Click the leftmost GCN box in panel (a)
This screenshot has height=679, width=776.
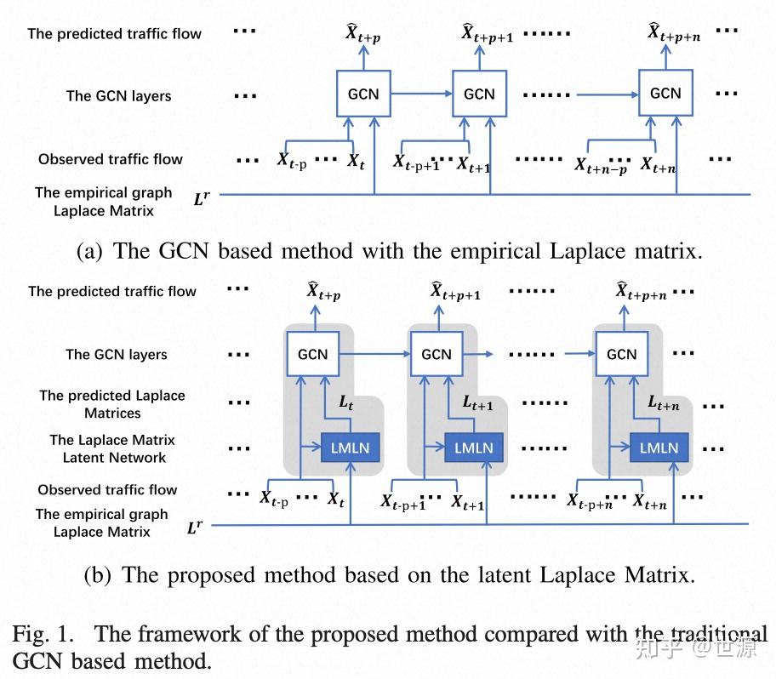tap(364, 94)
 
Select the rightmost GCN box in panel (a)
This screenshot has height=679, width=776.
tap(665, 93)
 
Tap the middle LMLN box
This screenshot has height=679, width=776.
tap(474, 448)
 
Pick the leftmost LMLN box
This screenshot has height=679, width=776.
tap(350, 448)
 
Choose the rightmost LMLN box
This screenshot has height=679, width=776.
tap(659, 448)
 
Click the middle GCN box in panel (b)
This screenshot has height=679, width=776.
tap(436, 354)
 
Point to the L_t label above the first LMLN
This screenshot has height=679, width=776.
tap(346, 402)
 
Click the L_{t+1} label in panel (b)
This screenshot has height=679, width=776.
tap(477, 402)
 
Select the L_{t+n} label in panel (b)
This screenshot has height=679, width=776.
tap(664, 402)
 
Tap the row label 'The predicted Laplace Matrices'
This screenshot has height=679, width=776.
tap(112, 404)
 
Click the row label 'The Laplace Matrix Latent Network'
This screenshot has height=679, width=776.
tap(113, 448)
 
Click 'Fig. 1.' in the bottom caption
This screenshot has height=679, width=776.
tap(43, 634)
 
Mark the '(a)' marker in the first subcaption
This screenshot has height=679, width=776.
tap(89, 251)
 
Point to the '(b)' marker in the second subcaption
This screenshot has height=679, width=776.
tap(97, 575)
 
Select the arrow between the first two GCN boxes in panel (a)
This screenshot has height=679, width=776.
tap(422, 94)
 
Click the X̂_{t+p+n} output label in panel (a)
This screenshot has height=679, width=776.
tap(674, 32)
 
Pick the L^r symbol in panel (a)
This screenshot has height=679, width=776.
tap(202, 198)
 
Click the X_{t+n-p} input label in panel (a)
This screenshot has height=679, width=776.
tap(601, 166)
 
